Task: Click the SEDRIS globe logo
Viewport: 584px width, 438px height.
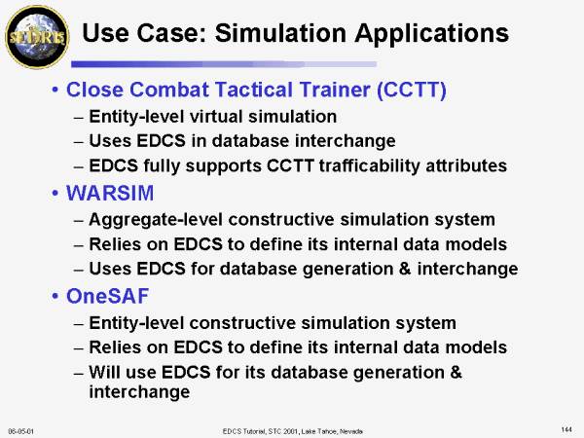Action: click(37, 37)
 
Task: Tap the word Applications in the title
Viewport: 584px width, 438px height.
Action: click(431, 34)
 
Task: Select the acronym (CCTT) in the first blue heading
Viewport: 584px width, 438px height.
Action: click(412, 90)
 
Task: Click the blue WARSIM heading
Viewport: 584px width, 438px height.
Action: click(110, 193)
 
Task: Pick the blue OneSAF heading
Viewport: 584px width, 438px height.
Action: click(108, 296)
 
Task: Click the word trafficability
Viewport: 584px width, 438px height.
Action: click(370, 165)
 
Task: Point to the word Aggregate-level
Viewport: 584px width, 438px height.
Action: click(156, 220)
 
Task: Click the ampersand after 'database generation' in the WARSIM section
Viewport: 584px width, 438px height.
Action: click(405, 269)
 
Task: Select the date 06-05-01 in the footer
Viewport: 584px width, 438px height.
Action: click(20, 431)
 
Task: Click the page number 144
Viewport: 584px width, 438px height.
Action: click(566, 430)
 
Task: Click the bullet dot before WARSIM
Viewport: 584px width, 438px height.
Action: click(55, 194)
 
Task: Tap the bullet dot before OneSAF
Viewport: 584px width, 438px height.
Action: click(55, 297)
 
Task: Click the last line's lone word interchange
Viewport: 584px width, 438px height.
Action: click(139, 392)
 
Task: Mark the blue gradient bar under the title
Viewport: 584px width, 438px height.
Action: click(224, 64)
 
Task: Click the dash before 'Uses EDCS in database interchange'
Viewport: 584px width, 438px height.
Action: click(79, 143)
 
